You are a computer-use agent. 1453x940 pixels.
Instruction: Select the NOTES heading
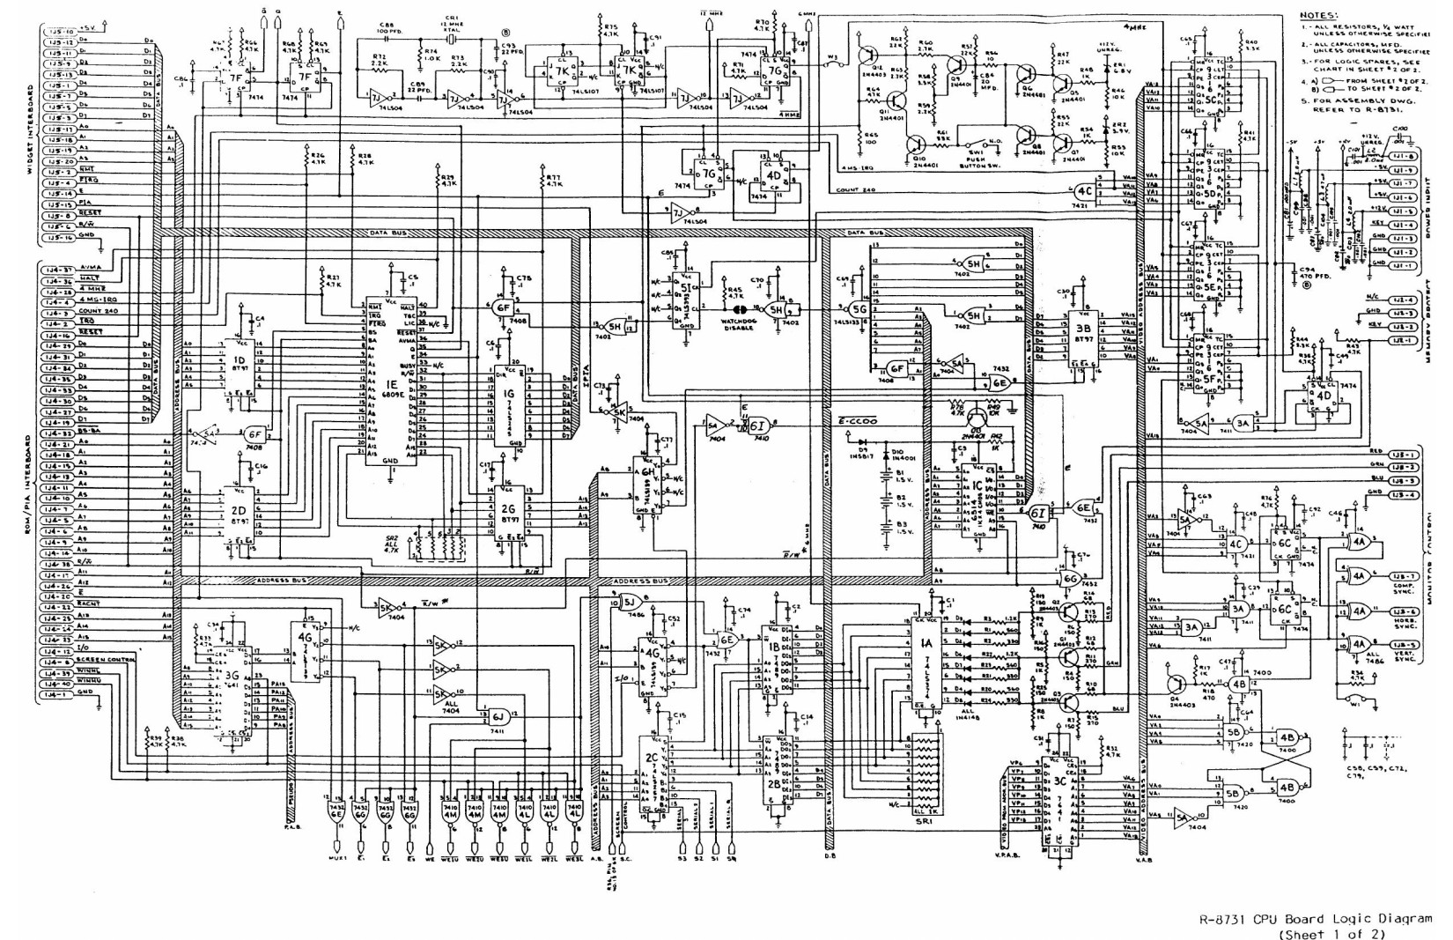pyautogui.click(x=1318, y=15)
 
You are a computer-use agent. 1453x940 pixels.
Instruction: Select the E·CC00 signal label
pyautogui.click(x=858, y=422)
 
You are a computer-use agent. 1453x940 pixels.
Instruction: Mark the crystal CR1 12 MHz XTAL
pyautogui.click(x=452, y=39)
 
